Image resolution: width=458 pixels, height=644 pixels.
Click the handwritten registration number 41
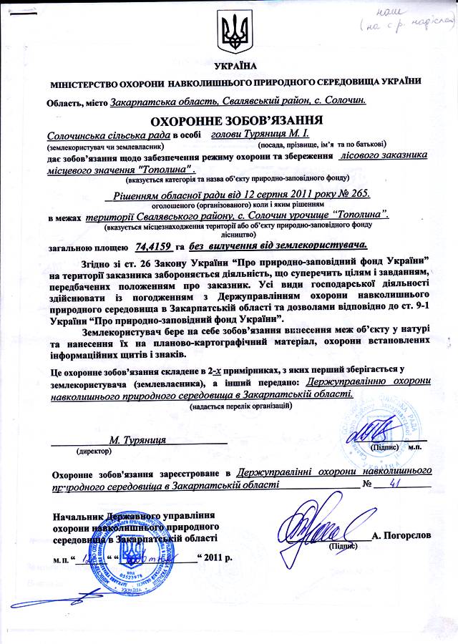coord(392,484)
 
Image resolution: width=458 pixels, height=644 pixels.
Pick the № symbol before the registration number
coord(369,484)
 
